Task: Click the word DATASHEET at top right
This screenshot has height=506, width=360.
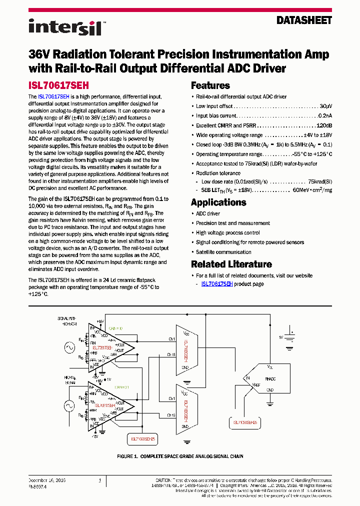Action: point(304,20)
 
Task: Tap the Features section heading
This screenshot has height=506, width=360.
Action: point(210,85)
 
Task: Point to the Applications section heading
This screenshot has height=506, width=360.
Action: point(218,202)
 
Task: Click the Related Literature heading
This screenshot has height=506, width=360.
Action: point(231,264)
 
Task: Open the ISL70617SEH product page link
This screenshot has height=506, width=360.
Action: point(216,284)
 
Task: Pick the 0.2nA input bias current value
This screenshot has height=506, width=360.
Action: point(325,116)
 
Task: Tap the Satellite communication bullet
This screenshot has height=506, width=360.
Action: point(223,252)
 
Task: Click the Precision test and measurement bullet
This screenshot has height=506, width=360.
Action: point(232,223)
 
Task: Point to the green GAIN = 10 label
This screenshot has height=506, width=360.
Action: point(115,328)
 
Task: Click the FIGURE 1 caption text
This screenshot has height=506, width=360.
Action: point(179,456)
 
